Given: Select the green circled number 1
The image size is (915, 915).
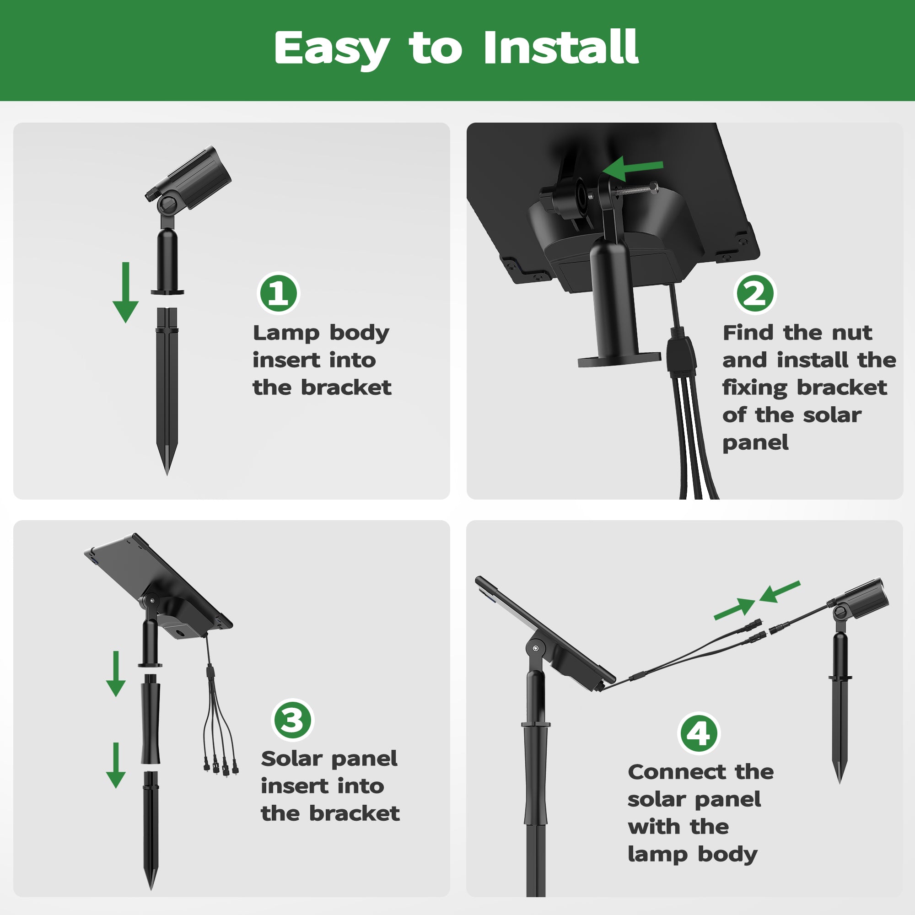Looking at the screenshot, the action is pos(279,293).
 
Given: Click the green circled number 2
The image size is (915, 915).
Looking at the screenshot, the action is pos(754,293).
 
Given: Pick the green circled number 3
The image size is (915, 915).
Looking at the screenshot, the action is pos(293,719).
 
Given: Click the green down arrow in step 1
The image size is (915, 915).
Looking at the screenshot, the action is pos(125,292).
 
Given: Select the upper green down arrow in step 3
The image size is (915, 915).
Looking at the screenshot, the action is pos(116,673).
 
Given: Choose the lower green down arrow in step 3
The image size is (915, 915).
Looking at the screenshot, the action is pos(116,765).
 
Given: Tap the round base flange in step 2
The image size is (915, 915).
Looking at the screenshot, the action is pos(619,358).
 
